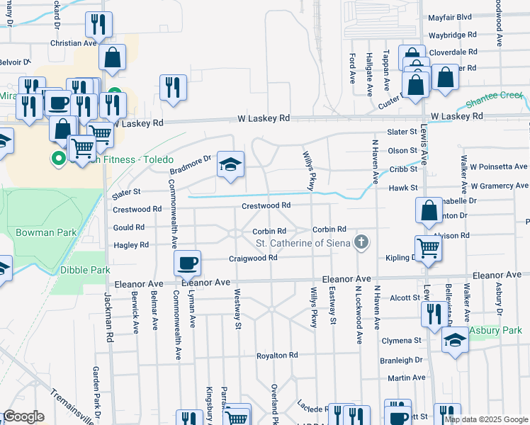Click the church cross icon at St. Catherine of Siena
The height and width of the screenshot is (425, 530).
point(361,243)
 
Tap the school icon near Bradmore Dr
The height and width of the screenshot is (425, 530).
point(230,165)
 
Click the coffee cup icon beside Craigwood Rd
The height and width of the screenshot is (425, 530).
point(188,263)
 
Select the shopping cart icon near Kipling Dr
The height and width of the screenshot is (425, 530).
point(429,249)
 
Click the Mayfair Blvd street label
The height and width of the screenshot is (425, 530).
point(450,17)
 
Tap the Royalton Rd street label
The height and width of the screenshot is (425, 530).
point(277,356)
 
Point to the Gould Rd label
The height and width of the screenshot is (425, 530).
point(129,228)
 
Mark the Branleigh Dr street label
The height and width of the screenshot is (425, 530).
point(401,360)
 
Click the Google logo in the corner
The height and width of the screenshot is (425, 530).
point(24,416)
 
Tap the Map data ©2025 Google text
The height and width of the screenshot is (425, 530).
point(487,419)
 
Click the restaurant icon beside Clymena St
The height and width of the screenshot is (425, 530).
point(434,314)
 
